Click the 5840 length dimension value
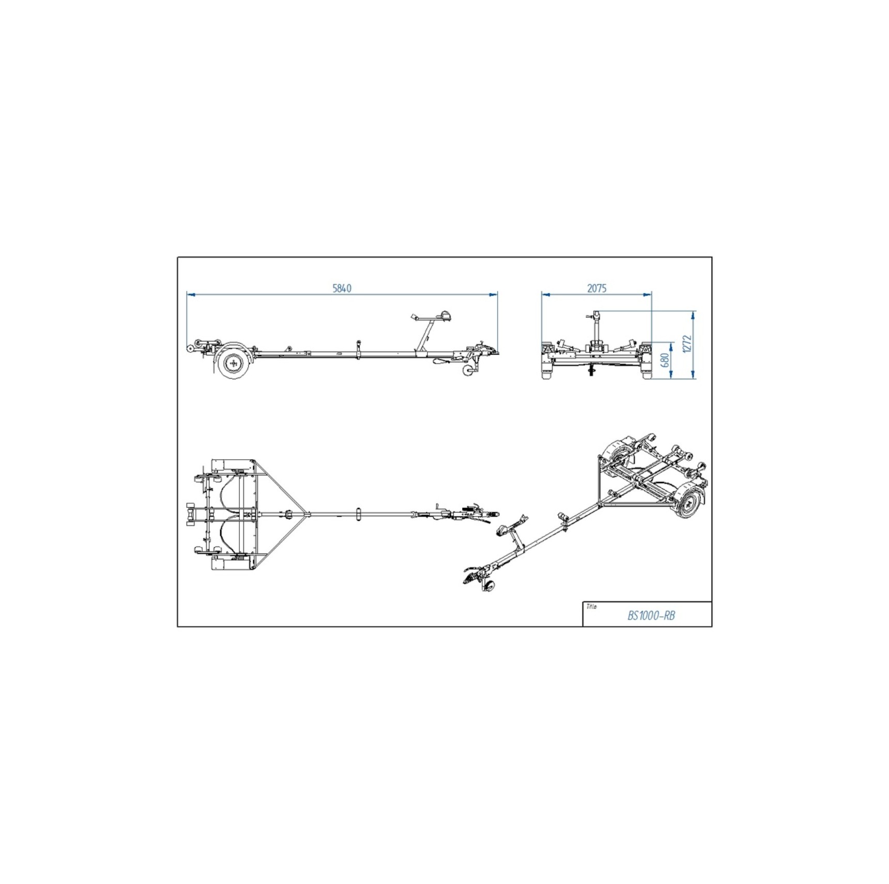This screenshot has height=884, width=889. [342, 288]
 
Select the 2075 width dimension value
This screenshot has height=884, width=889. [596, 288]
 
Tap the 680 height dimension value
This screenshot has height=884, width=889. [665, 360]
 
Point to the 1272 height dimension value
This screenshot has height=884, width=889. [687, 344]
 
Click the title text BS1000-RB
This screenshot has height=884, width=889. [651, 616]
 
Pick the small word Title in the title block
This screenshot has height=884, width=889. [591, 607]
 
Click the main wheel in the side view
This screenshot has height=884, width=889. [234, 364]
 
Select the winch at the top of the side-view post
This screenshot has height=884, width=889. [444, 316]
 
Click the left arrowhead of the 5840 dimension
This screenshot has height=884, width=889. [190, 294]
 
